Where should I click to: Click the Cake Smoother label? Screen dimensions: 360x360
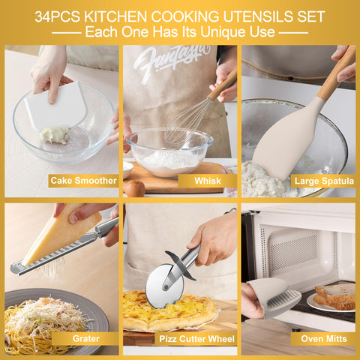tap(82, 181)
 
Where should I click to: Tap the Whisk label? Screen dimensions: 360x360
tap(208, 181)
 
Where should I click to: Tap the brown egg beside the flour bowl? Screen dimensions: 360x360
tap(134, 189)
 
